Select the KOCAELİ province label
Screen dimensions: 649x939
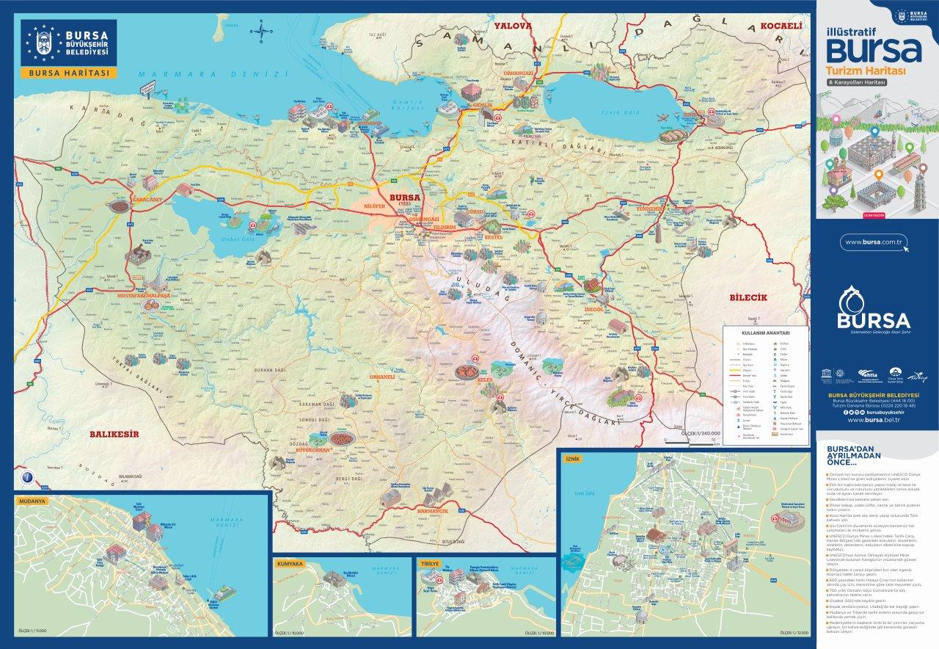pos(781,26)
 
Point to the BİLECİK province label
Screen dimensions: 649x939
pos(748,297)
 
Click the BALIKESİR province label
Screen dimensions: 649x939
pos(114,434)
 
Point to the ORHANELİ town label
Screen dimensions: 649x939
pos(382,377)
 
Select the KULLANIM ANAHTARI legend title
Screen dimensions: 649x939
pos(764,333)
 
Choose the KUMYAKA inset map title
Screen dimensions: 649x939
pos(290,564)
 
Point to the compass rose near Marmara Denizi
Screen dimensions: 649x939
pos(260,31)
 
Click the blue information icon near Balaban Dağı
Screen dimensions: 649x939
pos(27,476)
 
